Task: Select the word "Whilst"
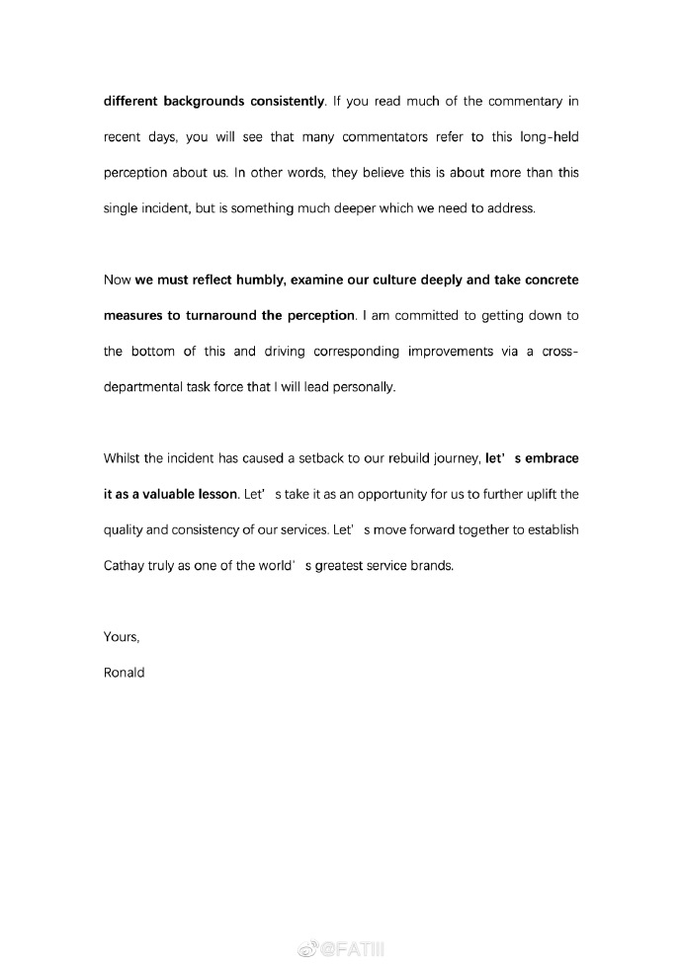(x=124, y=458)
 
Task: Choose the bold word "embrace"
(x=548, y=458)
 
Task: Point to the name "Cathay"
(x=126, y=565)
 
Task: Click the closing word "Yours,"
(x=122, y=636)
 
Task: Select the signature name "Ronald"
(x=125, y=673)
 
